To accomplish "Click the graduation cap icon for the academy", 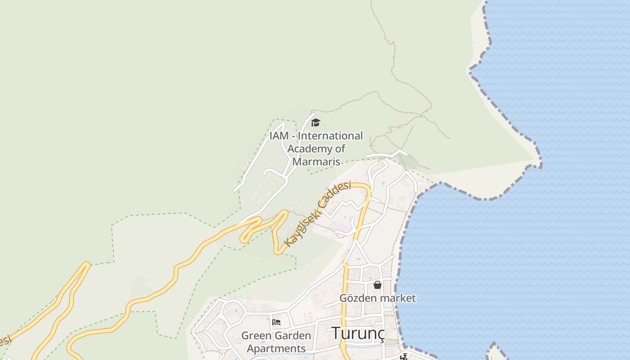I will pos(316,122).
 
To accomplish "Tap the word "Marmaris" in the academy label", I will pos(316,162).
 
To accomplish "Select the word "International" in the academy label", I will pos(330,136).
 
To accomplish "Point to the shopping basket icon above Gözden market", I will pos(378,285).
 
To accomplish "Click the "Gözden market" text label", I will pos(378,298).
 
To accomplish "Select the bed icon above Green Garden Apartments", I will pos(276,322).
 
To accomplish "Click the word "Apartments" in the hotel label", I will pos(276,349).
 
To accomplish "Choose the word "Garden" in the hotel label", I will pos(293,336).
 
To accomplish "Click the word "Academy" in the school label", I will pos(310,148).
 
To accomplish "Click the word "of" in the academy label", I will pos(340,148).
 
